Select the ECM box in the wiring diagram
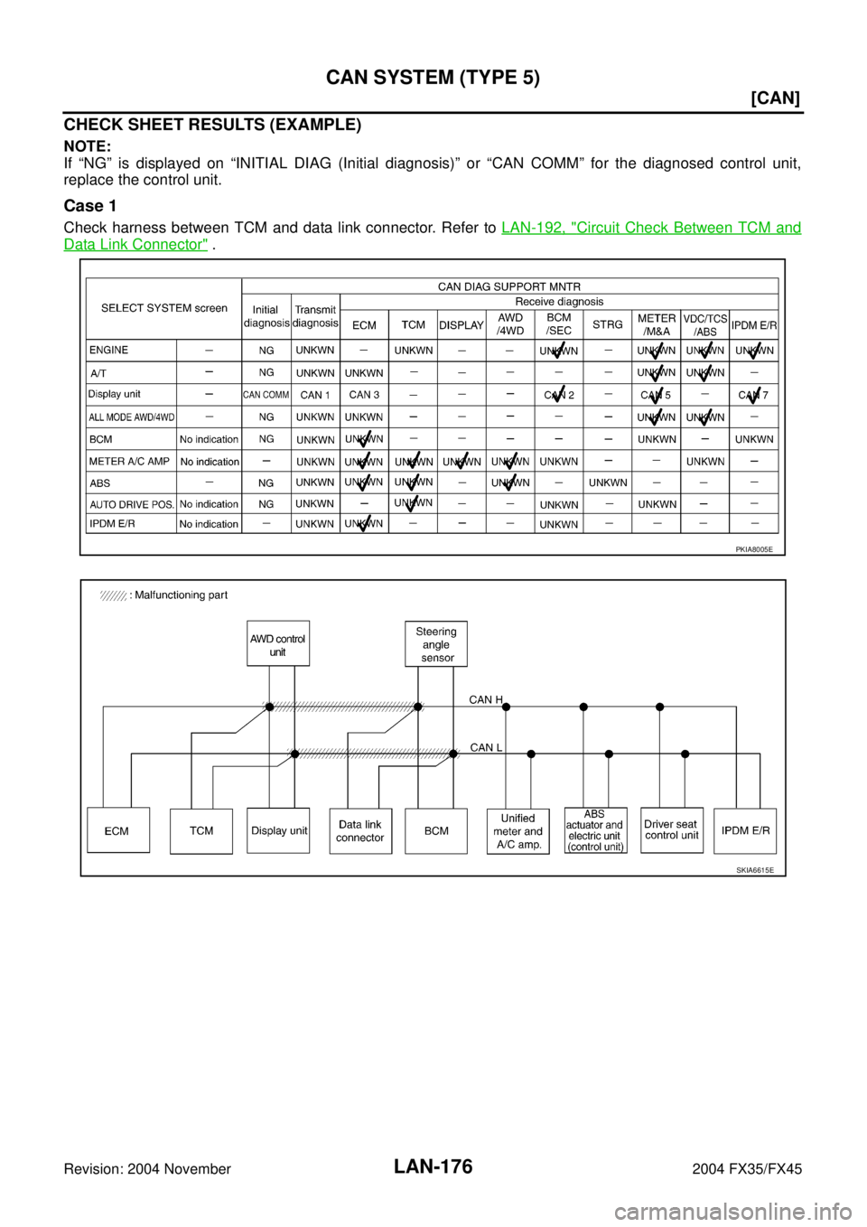118,829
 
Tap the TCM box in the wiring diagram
201,831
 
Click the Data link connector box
360,831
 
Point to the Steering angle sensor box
436,643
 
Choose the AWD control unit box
278,643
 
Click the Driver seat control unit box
672,829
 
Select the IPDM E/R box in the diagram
745,831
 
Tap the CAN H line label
486,699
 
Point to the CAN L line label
487,747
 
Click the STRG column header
608,324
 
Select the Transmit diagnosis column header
315,316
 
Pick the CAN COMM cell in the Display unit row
266,394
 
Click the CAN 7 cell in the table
753,395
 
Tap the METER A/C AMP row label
130,461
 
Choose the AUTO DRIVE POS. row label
132,504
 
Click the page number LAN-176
433,1166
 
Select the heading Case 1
90,206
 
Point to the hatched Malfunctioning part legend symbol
113,595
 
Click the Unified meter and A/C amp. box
518,831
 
